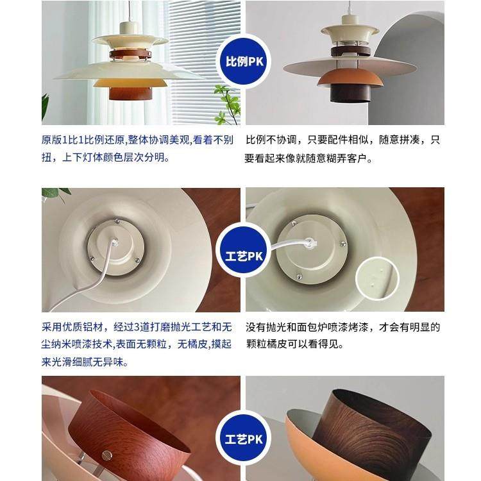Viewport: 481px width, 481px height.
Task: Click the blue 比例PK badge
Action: point(242,62)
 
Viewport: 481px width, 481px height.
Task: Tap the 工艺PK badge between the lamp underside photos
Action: point(242,252)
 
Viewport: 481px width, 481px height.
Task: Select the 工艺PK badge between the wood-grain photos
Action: point(242,441)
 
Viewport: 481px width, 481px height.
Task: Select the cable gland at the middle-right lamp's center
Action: point(312,242)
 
